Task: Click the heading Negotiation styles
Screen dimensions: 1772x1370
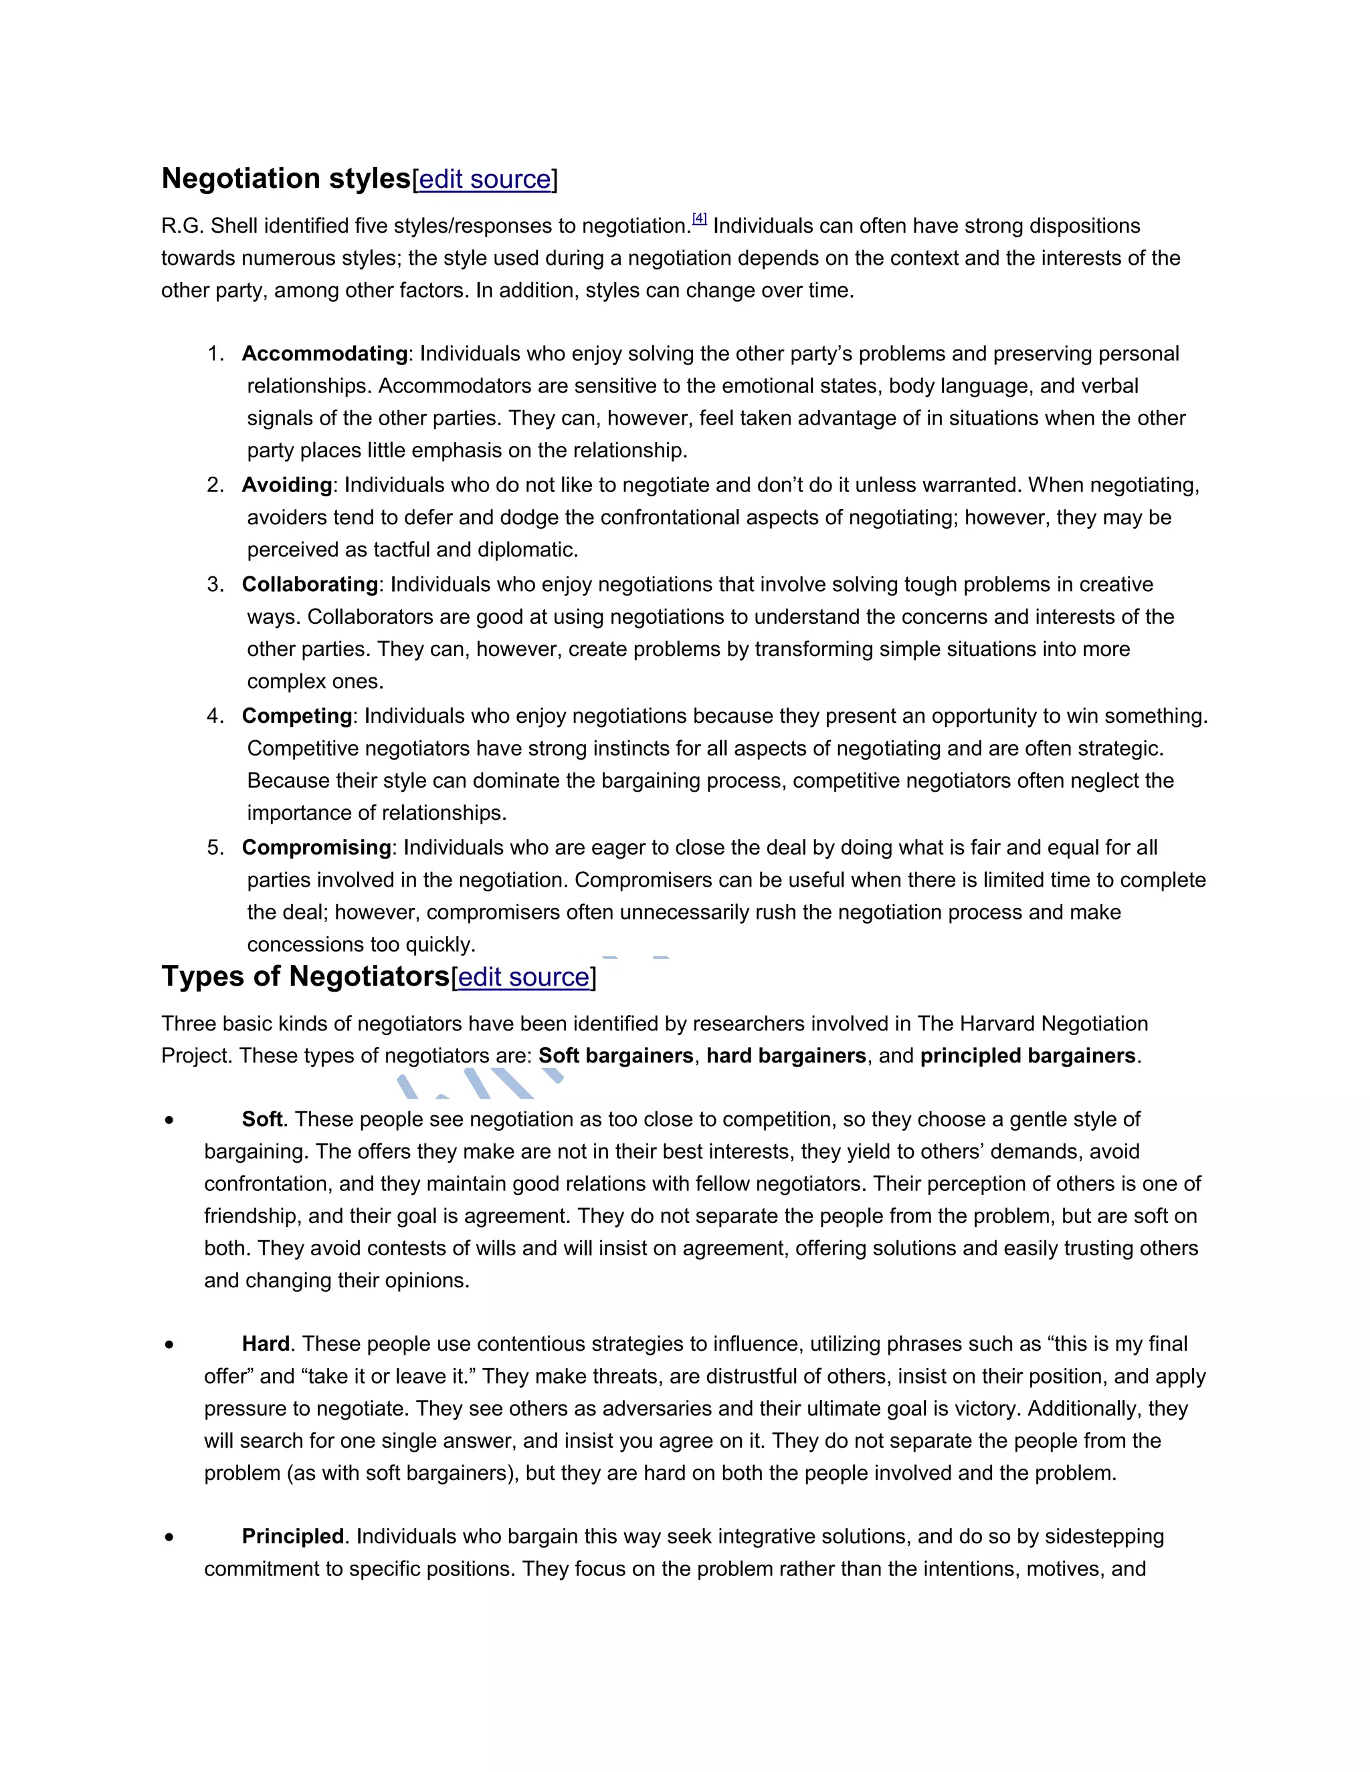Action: [x=286, y=179]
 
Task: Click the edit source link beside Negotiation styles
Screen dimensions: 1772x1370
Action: [x=484, y=179]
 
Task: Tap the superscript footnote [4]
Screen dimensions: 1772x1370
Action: [x=700, y=218]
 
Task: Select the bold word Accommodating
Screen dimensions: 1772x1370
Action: [x=324, y=354]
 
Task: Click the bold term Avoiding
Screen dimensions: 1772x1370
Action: [x=286, y=485]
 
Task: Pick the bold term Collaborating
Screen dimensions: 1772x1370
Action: [x=309, y=584]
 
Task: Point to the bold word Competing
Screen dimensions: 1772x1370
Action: [x=296, y=715]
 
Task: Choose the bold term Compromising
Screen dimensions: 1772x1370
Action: [x=316, y=847]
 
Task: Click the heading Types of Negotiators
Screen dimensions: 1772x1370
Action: [x=305, y=976]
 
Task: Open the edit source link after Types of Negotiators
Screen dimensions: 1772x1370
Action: [x=524, y=977]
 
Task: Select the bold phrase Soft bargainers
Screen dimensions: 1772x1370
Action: [x=616, y=1056]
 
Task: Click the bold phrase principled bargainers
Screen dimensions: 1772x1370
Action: [x=1027, y=1056]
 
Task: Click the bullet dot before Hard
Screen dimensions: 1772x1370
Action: [x=169, y=1345]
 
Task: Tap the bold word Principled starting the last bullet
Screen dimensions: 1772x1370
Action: [x=293, y=1537]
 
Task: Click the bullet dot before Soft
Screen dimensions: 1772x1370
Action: [x=169, y=1121]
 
